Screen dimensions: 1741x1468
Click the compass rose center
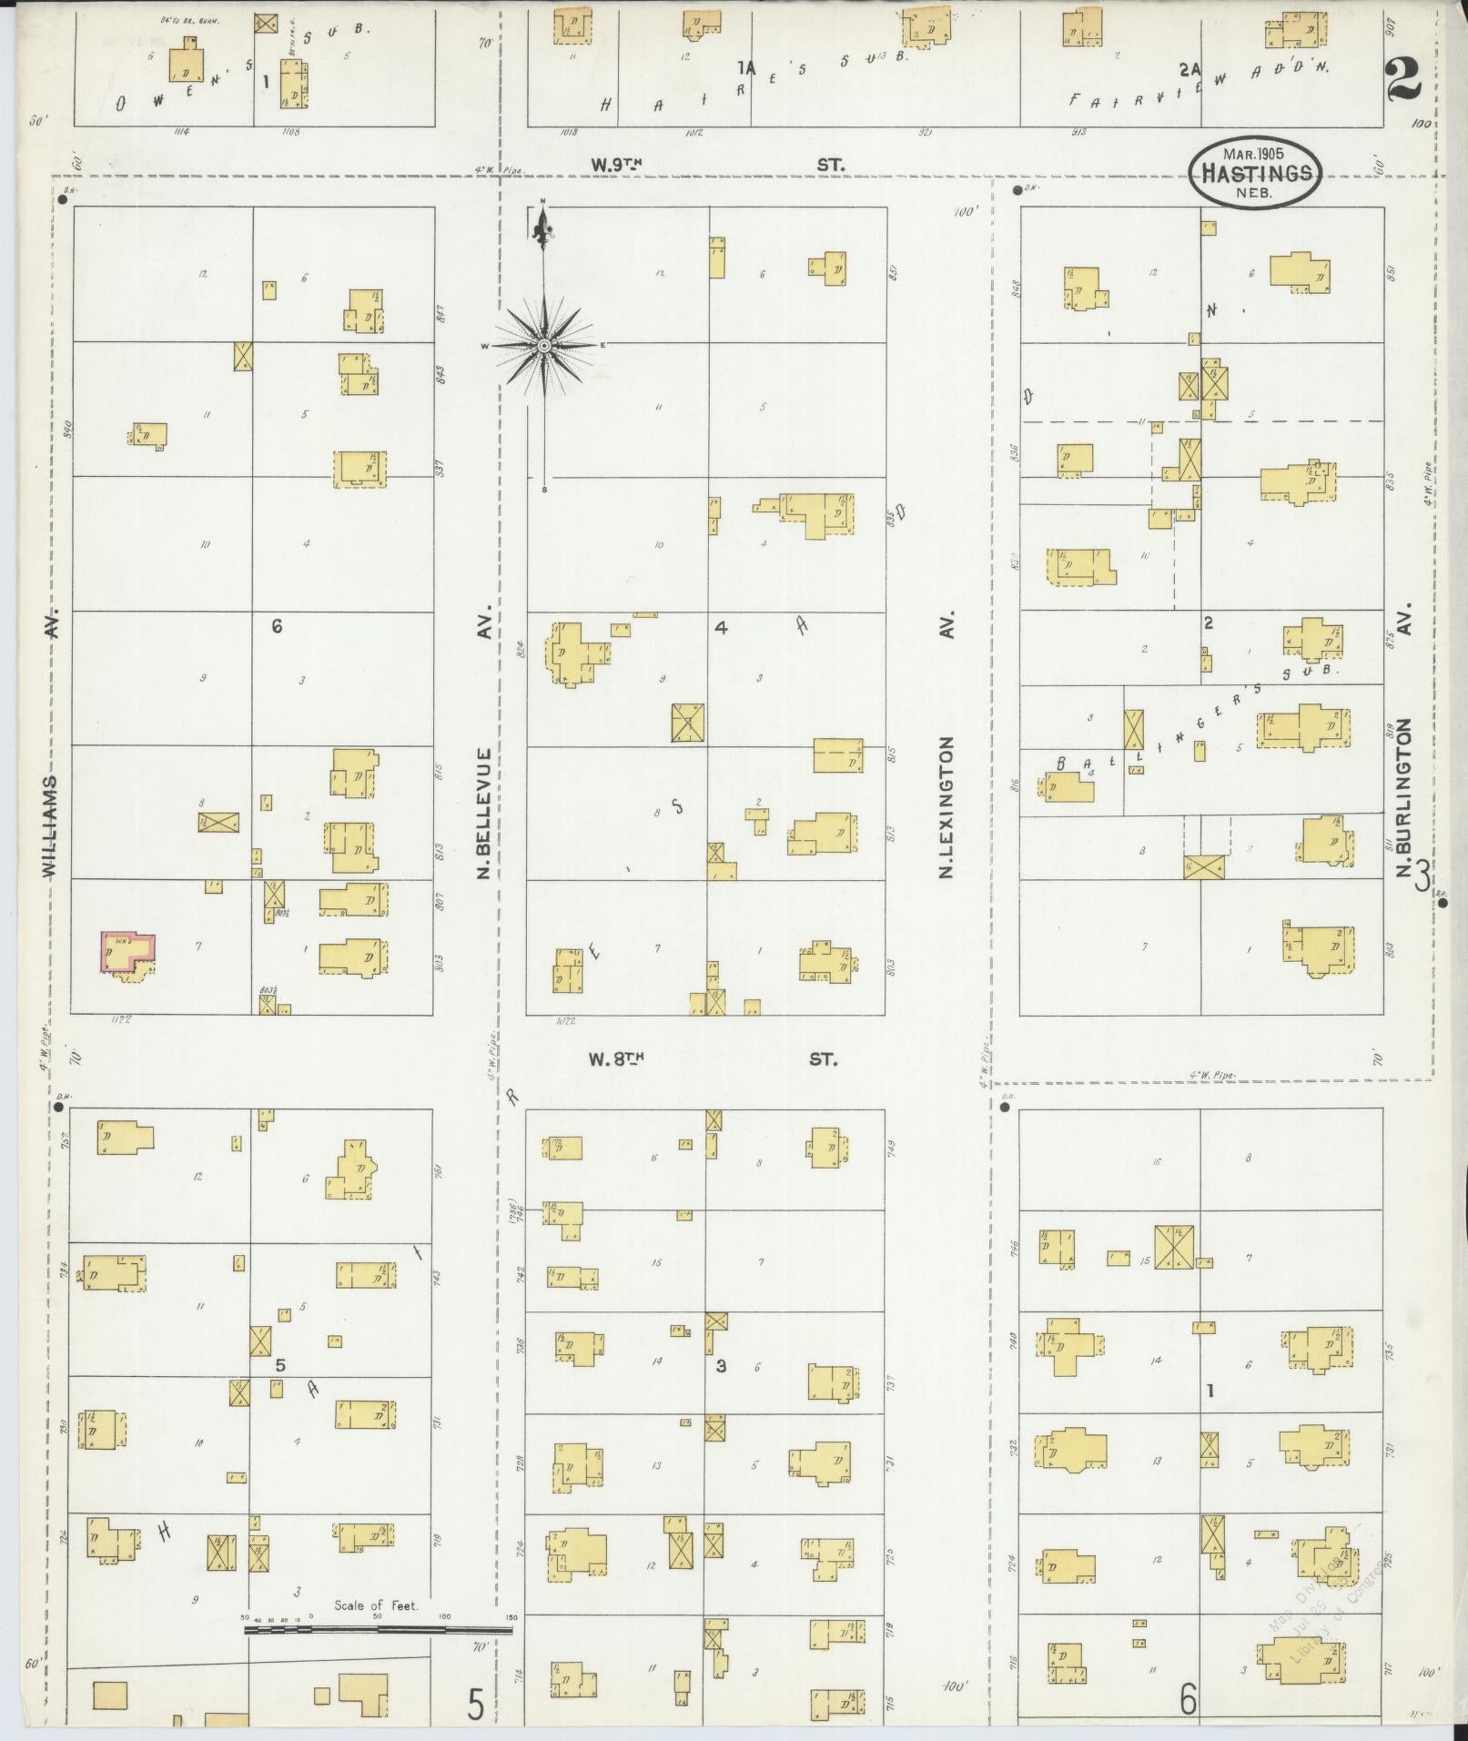(543, 346)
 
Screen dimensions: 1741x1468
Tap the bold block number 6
(278, 626)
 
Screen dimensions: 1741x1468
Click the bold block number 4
(721, 626)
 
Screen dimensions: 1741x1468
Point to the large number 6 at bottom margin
(1188, 1698)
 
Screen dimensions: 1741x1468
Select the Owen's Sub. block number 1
(265, 81)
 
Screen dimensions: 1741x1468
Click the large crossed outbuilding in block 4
(688, 724)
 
